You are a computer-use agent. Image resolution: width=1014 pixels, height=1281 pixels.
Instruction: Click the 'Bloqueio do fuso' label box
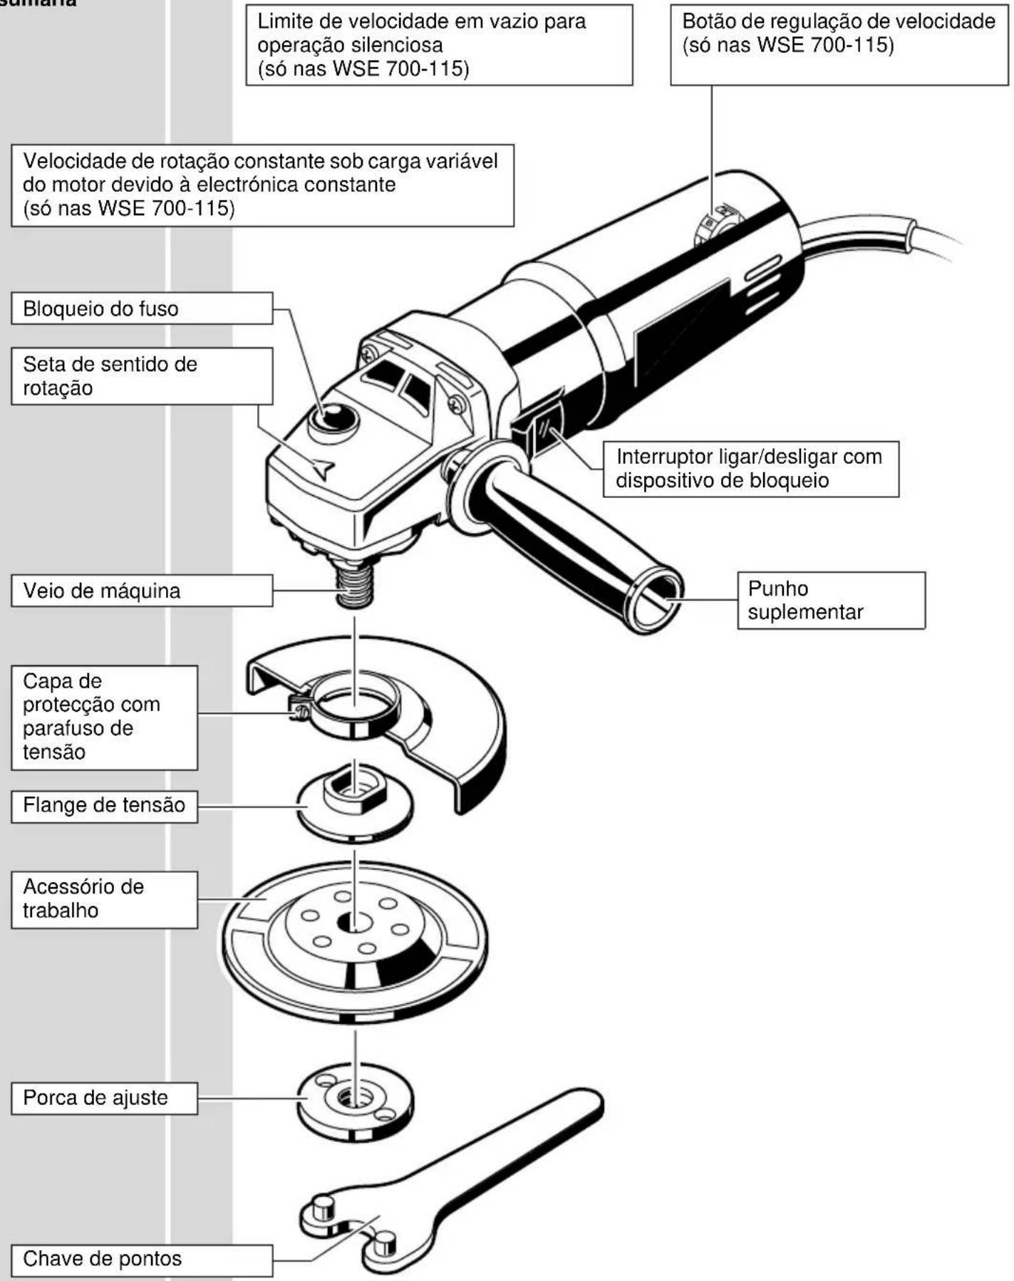click(141, 308)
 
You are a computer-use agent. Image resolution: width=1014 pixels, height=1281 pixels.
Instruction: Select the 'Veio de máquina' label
click(141, 591)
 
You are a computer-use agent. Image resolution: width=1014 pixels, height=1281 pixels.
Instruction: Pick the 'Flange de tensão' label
click(104, 805)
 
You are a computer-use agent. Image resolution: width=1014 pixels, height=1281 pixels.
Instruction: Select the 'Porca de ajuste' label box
click(104, 1098)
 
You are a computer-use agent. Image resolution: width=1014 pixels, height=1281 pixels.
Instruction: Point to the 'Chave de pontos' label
click(141, 1259)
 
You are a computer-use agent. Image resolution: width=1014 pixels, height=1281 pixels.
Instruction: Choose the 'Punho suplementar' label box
click(831, 600)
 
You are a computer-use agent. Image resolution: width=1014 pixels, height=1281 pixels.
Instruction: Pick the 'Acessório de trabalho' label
click(104, 898)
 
